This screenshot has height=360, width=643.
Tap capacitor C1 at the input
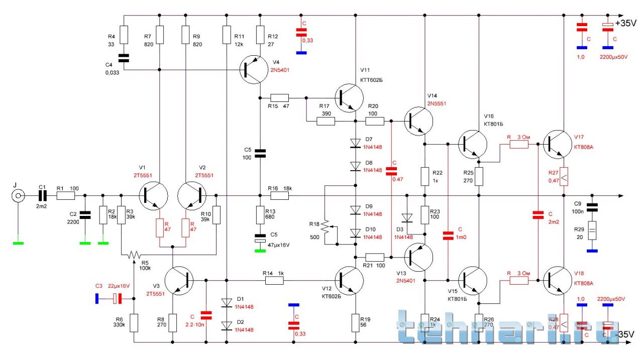pos(42,196)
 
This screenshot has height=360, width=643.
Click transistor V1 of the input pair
pos(151,196)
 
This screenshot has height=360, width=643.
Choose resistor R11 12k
pos(227,35)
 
